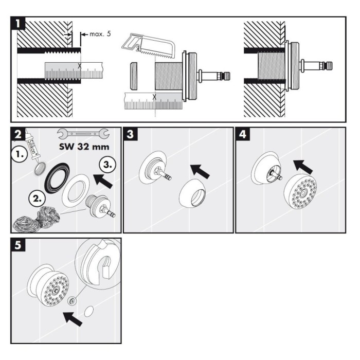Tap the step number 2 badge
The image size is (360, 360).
(19, 135)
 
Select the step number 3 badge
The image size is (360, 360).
(131, 135)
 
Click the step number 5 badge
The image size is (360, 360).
(19, 246)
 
